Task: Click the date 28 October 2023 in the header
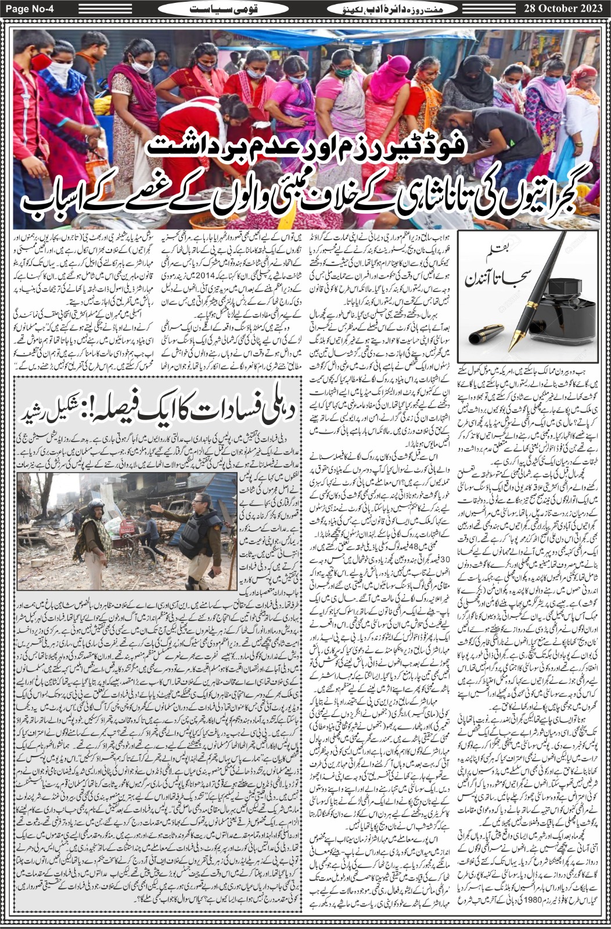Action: tap(562, 9)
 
